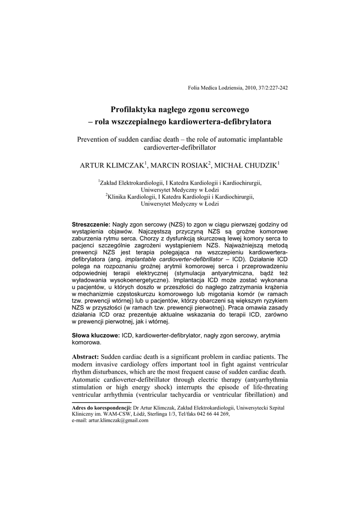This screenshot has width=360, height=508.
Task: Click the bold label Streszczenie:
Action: (91, 225)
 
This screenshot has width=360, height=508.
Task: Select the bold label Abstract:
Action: (85, 357)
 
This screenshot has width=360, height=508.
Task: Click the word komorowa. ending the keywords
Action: (86, 342)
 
